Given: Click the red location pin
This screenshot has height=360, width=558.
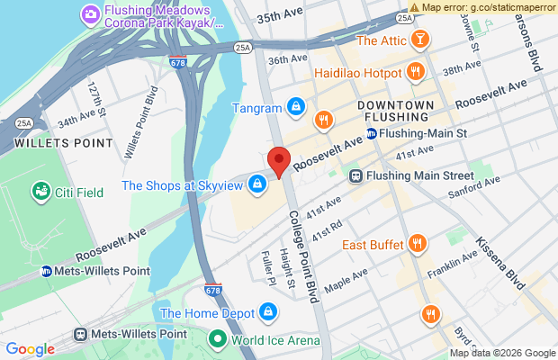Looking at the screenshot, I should pos(280,163).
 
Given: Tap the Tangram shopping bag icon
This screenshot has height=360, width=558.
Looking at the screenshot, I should pos(294,108).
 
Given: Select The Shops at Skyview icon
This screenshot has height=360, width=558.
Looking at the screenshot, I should pos(258,184).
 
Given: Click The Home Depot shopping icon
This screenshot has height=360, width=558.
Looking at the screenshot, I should pos(266,312).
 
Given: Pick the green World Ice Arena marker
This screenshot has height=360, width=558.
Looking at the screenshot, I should pos(217,339).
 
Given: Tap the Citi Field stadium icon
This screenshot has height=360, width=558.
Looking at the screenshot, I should pos(40,191).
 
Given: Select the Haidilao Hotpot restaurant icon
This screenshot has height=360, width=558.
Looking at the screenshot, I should pos(415,71).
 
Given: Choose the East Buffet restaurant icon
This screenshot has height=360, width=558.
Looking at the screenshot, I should pos(417,243).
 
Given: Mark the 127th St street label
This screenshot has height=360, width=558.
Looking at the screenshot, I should pos(97,97).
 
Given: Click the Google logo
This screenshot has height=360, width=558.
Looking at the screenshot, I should pos(31,349).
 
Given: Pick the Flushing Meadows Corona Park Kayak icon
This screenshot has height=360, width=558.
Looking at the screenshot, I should pos(89,13).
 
